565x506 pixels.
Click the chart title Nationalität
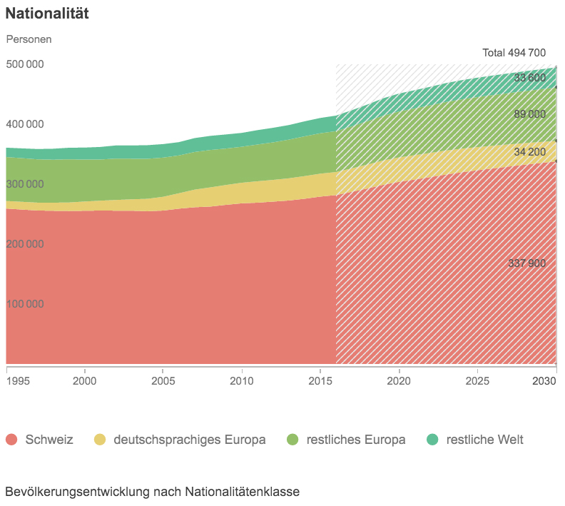pyautogui.click(x=47, y=14)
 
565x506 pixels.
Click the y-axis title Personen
pyautogui.click(x=29, y=39)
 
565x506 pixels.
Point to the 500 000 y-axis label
pyautogui.click(x=25, y=64)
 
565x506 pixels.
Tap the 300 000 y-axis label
pyautogui.click(x=25, y=184)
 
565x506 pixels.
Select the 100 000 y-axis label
pyautogui.click(x=25, y=304)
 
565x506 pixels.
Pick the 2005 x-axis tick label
pyautogui.click(x=163, y=381)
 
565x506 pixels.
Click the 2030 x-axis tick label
pyautogui.click(x=544, y=381)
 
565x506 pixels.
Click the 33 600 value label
pyautogui.click(x=529, y=78)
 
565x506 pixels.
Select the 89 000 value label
pyautogui.click(x=529, y=114)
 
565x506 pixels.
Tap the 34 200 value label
pyautogui.click(x=529, y=152)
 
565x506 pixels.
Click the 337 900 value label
pyautogui.click(x=526, y=263)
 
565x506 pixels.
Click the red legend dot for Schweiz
pyautogui.click(x=11, y=440)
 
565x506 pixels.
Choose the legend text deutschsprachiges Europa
pyautogui.click(x=189, y=440)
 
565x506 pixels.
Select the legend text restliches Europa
pyautogui.click(x=355, y=440)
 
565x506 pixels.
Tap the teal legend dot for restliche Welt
pyautogui.click(x=432, y=440)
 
